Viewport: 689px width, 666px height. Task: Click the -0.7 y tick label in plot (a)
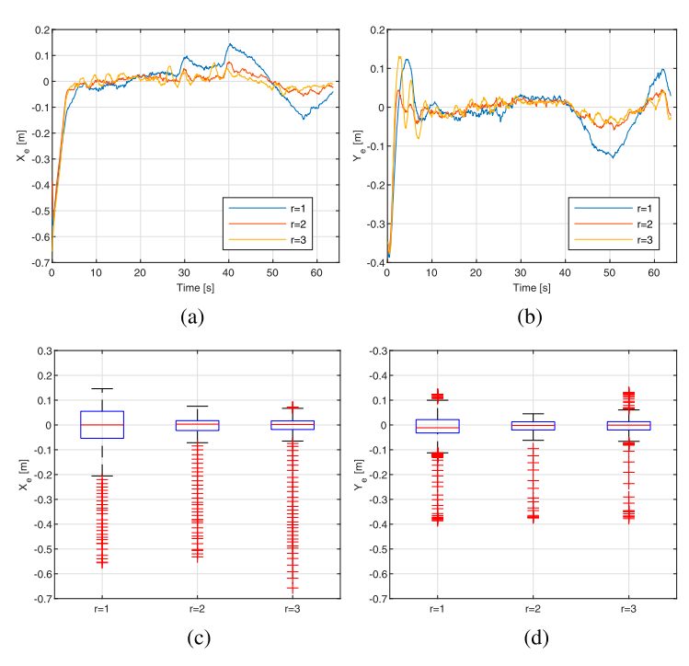pyautogui.click(x=37, y=263)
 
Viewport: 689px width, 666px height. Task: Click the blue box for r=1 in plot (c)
pyautogui.click(x=102, y=425)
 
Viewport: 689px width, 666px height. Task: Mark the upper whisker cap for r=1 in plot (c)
pyautogui.click(x=102, y=389)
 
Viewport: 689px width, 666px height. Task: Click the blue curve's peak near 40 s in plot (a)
pyautogui.click(x=229, y=44)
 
